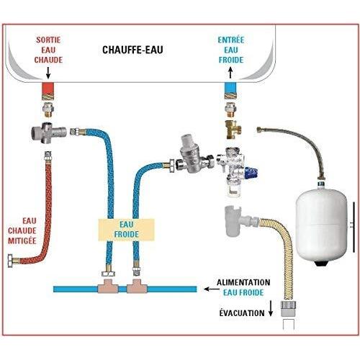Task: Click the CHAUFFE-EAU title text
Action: pyautogui.click(x=132, y=50)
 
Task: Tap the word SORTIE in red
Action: pyautogui.click(x=48, y=40)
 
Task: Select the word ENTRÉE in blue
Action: pyautogui.click(x=231, y=40)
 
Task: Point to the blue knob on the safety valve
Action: pyautogui.click(x=253, y=173)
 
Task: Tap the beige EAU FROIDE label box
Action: pyautogui.click(x=126, y=230)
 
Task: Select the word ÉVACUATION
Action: pyautogui.click(x=242, y=313)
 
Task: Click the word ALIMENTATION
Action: pyautogui.click(x=243, y=282)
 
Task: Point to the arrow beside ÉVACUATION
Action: pyautogui.click(x=271, y=308)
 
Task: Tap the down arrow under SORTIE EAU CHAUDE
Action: pyautogui.click(x=48, y=73)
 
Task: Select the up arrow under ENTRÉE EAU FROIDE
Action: pyautogui.click(x=230, y=73)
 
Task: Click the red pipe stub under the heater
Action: pyautogui.click(x=48, y=89)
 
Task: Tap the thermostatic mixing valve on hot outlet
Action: pyautogui.click(x=48, y=132)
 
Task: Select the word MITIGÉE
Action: pyautogui.click(x=22, y=240)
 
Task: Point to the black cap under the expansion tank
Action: pyautogui.click(x=321, y=264)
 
